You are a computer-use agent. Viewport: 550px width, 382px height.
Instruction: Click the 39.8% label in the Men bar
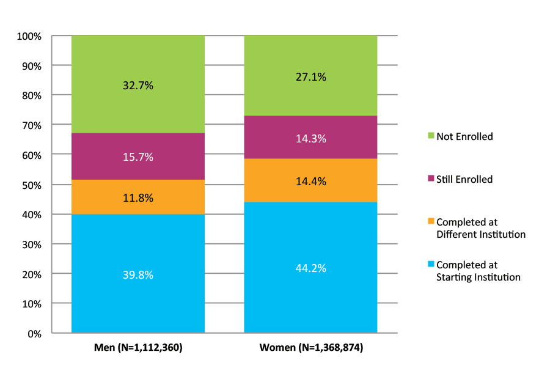click(x=137, y=274)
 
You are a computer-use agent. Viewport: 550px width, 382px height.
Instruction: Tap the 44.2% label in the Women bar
click(x=310, y=268)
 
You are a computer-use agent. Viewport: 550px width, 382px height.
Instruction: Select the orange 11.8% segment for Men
click(x=137, y=197)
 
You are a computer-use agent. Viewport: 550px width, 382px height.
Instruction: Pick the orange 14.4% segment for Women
click(x=310, y=181)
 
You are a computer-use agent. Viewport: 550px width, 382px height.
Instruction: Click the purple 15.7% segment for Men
click(x=137, y=157)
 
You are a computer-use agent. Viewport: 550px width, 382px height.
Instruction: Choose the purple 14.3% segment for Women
click(x=310, y=139)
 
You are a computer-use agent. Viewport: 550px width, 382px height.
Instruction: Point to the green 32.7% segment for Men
click(x=137, y=86)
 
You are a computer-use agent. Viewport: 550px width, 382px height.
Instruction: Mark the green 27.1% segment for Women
click(x=310, y=77)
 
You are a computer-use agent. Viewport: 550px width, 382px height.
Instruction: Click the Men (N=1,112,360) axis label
click(x=138, y=348)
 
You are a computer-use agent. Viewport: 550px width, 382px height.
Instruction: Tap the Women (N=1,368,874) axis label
click(x=311, y=348)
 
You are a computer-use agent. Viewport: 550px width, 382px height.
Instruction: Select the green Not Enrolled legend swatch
click(x=430, y=136)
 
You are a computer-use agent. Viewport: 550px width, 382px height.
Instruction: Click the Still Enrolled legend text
click(x=464, y=179)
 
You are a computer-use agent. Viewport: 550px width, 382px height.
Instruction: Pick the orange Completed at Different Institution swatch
click(x=430, y=222)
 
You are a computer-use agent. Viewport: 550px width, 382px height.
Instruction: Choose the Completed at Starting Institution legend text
click(x=478, y=271)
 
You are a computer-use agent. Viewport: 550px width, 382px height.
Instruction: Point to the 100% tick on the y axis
click(x=29, y=37)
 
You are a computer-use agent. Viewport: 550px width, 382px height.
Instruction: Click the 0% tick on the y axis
click(x=34, y=334)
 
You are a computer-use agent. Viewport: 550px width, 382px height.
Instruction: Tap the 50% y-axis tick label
click(x=31, y=185)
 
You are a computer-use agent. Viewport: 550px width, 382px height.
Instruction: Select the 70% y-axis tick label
click(x=31, y=125)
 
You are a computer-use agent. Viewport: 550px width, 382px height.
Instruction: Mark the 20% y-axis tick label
click(x=31, y=274)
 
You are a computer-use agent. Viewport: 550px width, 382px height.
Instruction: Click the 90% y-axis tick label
click(x=31, y=66)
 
